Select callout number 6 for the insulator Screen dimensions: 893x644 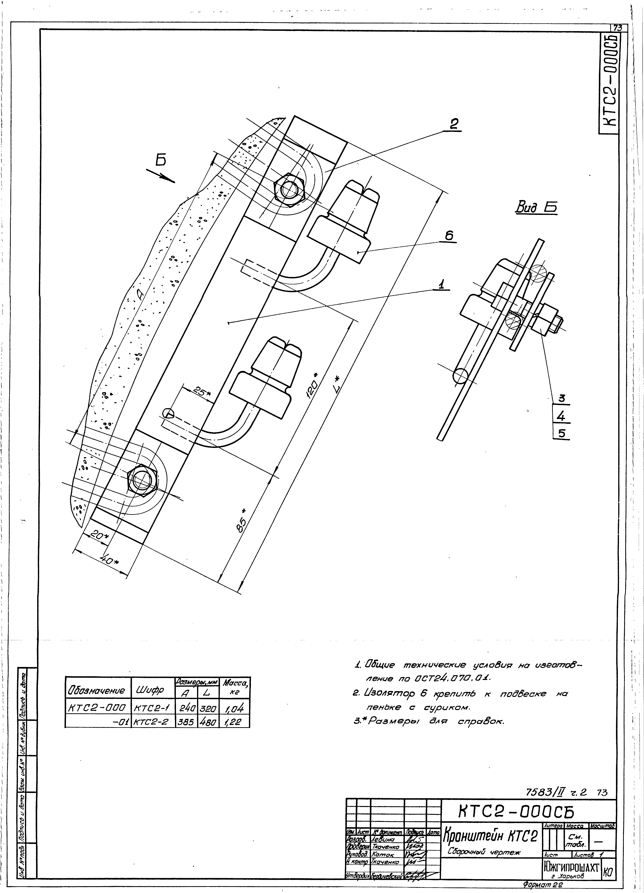pos(449,236)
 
